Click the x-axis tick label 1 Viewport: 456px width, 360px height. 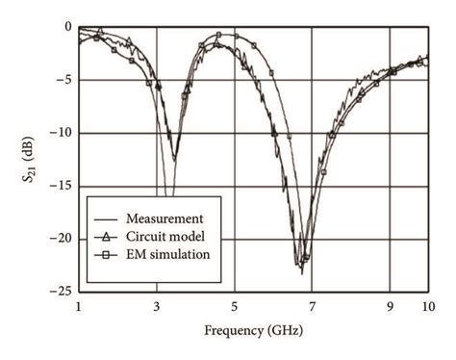[x=79, y=305]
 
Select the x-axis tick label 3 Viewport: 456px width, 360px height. [x=157, y=305]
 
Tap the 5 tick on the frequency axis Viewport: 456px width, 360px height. [x=235, y=305]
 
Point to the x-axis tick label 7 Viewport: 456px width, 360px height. [x=313, y=305]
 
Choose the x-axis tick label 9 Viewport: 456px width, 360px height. [x=390, y=305]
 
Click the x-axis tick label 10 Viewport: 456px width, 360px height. [x=426, y=305]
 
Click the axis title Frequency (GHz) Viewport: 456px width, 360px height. [x=252, y=331]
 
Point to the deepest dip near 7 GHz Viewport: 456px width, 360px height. [x=301, y=272]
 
